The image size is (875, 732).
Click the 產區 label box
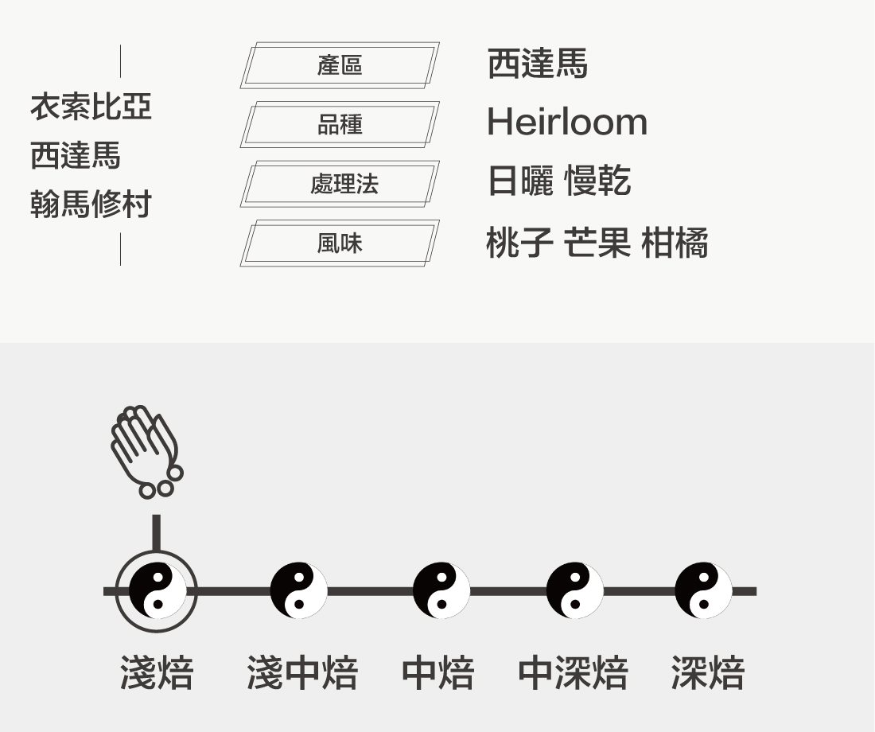(x=340, y=65)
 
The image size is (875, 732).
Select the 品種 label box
(x=340, y=125)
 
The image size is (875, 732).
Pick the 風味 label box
(x=340, y=243)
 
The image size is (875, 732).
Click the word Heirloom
(x=566, y=123)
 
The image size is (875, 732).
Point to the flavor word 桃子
(x=519, y=243)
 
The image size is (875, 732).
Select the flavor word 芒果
(x=597, y=243)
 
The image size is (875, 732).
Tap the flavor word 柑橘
(x=675, y=243)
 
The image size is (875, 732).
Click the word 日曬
(x=519, y=182)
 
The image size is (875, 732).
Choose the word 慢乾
(x=597, y=182)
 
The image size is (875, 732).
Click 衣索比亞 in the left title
(x=91, y=107)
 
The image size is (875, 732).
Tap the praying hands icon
(x=146, y=451)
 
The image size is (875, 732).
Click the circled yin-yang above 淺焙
(x=157, y=591)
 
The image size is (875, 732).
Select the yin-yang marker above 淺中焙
(x=298, y=591)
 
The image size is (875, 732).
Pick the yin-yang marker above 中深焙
(x=574, y=591)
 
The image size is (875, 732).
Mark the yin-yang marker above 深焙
(x=703, y=591)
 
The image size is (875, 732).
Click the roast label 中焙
(x=437, y=674)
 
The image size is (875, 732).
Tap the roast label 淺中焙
(x=302, y=674)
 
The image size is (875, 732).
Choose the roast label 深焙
(x=707, y=674)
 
